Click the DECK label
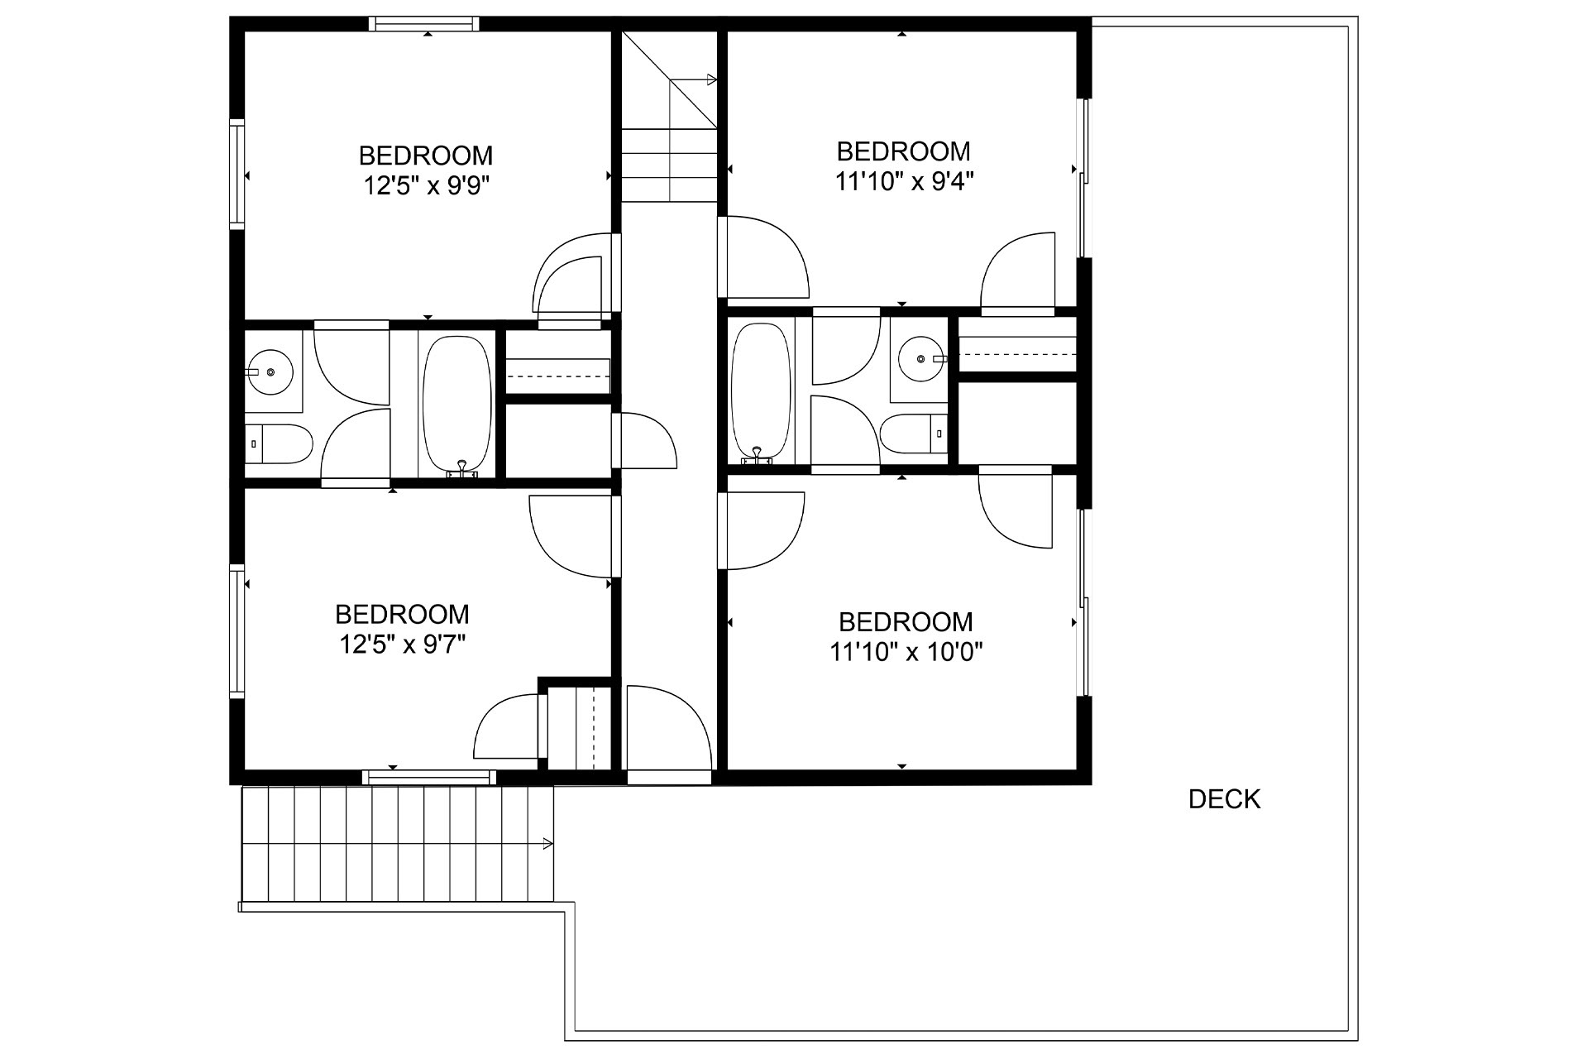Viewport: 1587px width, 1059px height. (x=1224, y=799)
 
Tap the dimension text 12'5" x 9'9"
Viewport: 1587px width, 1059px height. (x=427, y=186)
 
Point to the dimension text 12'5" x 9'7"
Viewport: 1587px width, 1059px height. (x=403, y=644)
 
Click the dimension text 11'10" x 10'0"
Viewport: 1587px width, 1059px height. (x=906, y=653)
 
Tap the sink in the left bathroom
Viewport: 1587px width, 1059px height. (x=270, y=371)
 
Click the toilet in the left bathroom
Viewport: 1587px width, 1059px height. (x=279, y=444)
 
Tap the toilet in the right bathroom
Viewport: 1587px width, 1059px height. (x=914, y=433)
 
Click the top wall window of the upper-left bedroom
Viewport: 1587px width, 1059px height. (x=423, y=23)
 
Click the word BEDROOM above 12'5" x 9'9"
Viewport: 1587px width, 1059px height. (x=426, y=156)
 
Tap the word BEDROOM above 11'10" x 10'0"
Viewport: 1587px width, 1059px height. (x=906, y=622)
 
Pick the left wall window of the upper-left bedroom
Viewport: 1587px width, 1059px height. (x=237, y=173)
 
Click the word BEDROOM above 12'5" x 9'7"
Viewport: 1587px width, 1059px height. (x=402, y=614)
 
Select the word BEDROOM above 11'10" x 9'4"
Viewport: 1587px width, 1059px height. (x=903, y=151)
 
